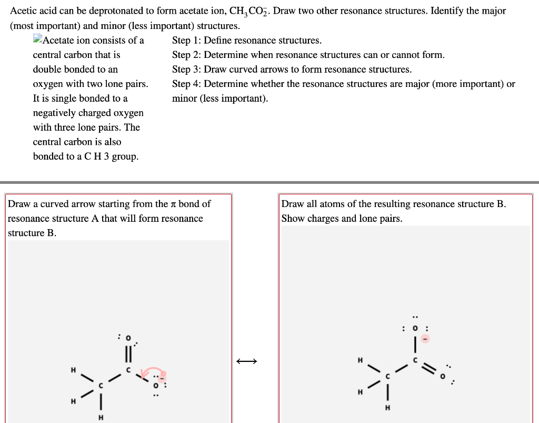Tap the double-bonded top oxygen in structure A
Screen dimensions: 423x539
click(x=126, y=337)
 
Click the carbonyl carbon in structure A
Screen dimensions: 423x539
click(x=127, y=371)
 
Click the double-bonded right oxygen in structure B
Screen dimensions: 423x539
click(x=443, y=376)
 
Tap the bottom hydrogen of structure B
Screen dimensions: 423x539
click(x=388, y=407)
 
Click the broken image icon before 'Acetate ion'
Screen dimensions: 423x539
click(x=37, y=39)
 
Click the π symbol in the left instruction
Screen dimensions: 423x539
click(x=173, y=204)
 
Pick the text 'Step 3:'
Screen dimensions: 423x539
click(x=186, y=70)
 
